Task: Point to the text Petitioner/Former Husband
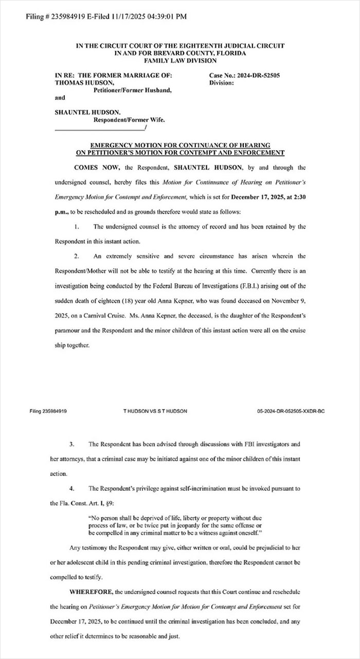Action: pos(132,90)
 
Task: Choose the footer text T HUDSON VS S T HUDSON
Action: pos(155,411)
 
